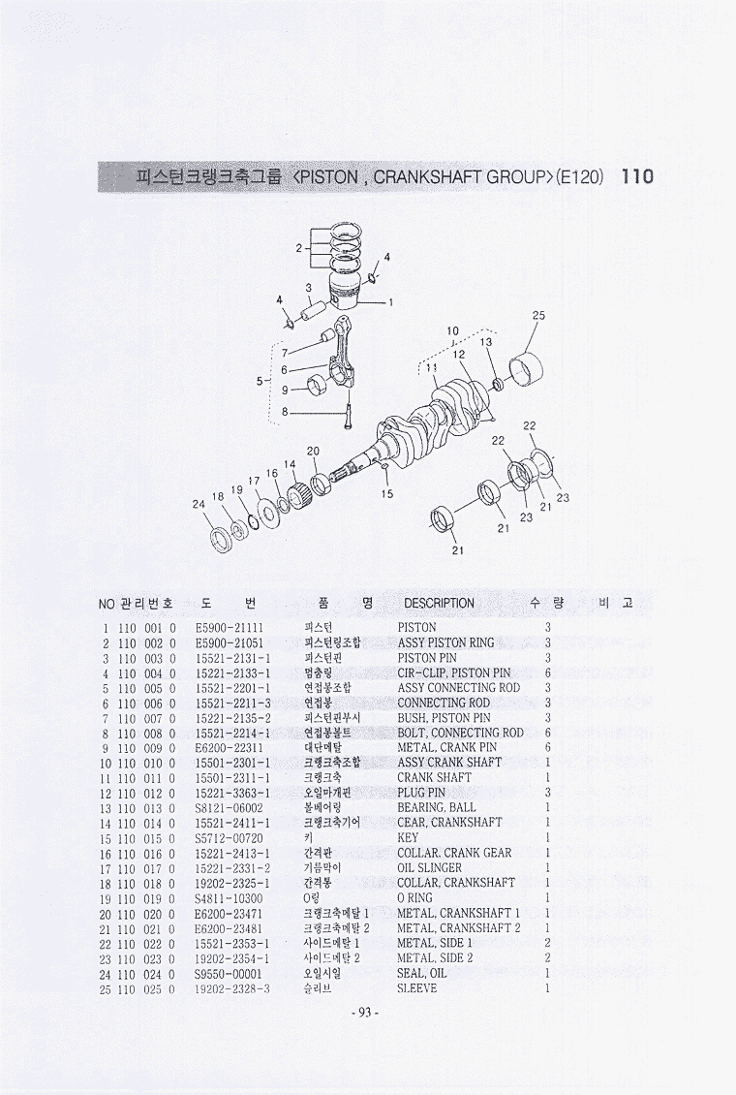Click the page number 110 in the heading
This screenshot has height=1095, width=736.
pos(637,176)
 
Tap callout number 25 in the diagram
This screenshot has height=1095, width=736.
pos(538,315)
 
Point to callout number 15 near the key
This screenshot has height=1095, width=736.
pos(387,494)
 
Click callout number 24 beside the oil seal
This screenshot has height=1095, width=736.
pos(199,504)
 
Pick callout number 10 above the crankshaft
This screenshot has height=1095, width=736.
pos(453,330)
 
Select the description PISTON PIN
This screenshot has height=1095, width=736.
pos(427,658)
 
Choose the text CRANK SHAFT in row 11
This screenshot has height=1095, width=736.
pos(434,777)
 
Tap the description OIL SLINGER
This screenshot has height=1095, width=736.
pos(429,868)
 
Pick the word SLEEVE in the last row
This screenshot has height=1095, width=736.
pos(417,988)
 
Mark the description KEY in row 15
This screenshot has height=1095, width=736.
pos(408,838)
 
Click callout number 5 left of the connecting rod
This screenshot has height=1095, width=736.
pos(261,381)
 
